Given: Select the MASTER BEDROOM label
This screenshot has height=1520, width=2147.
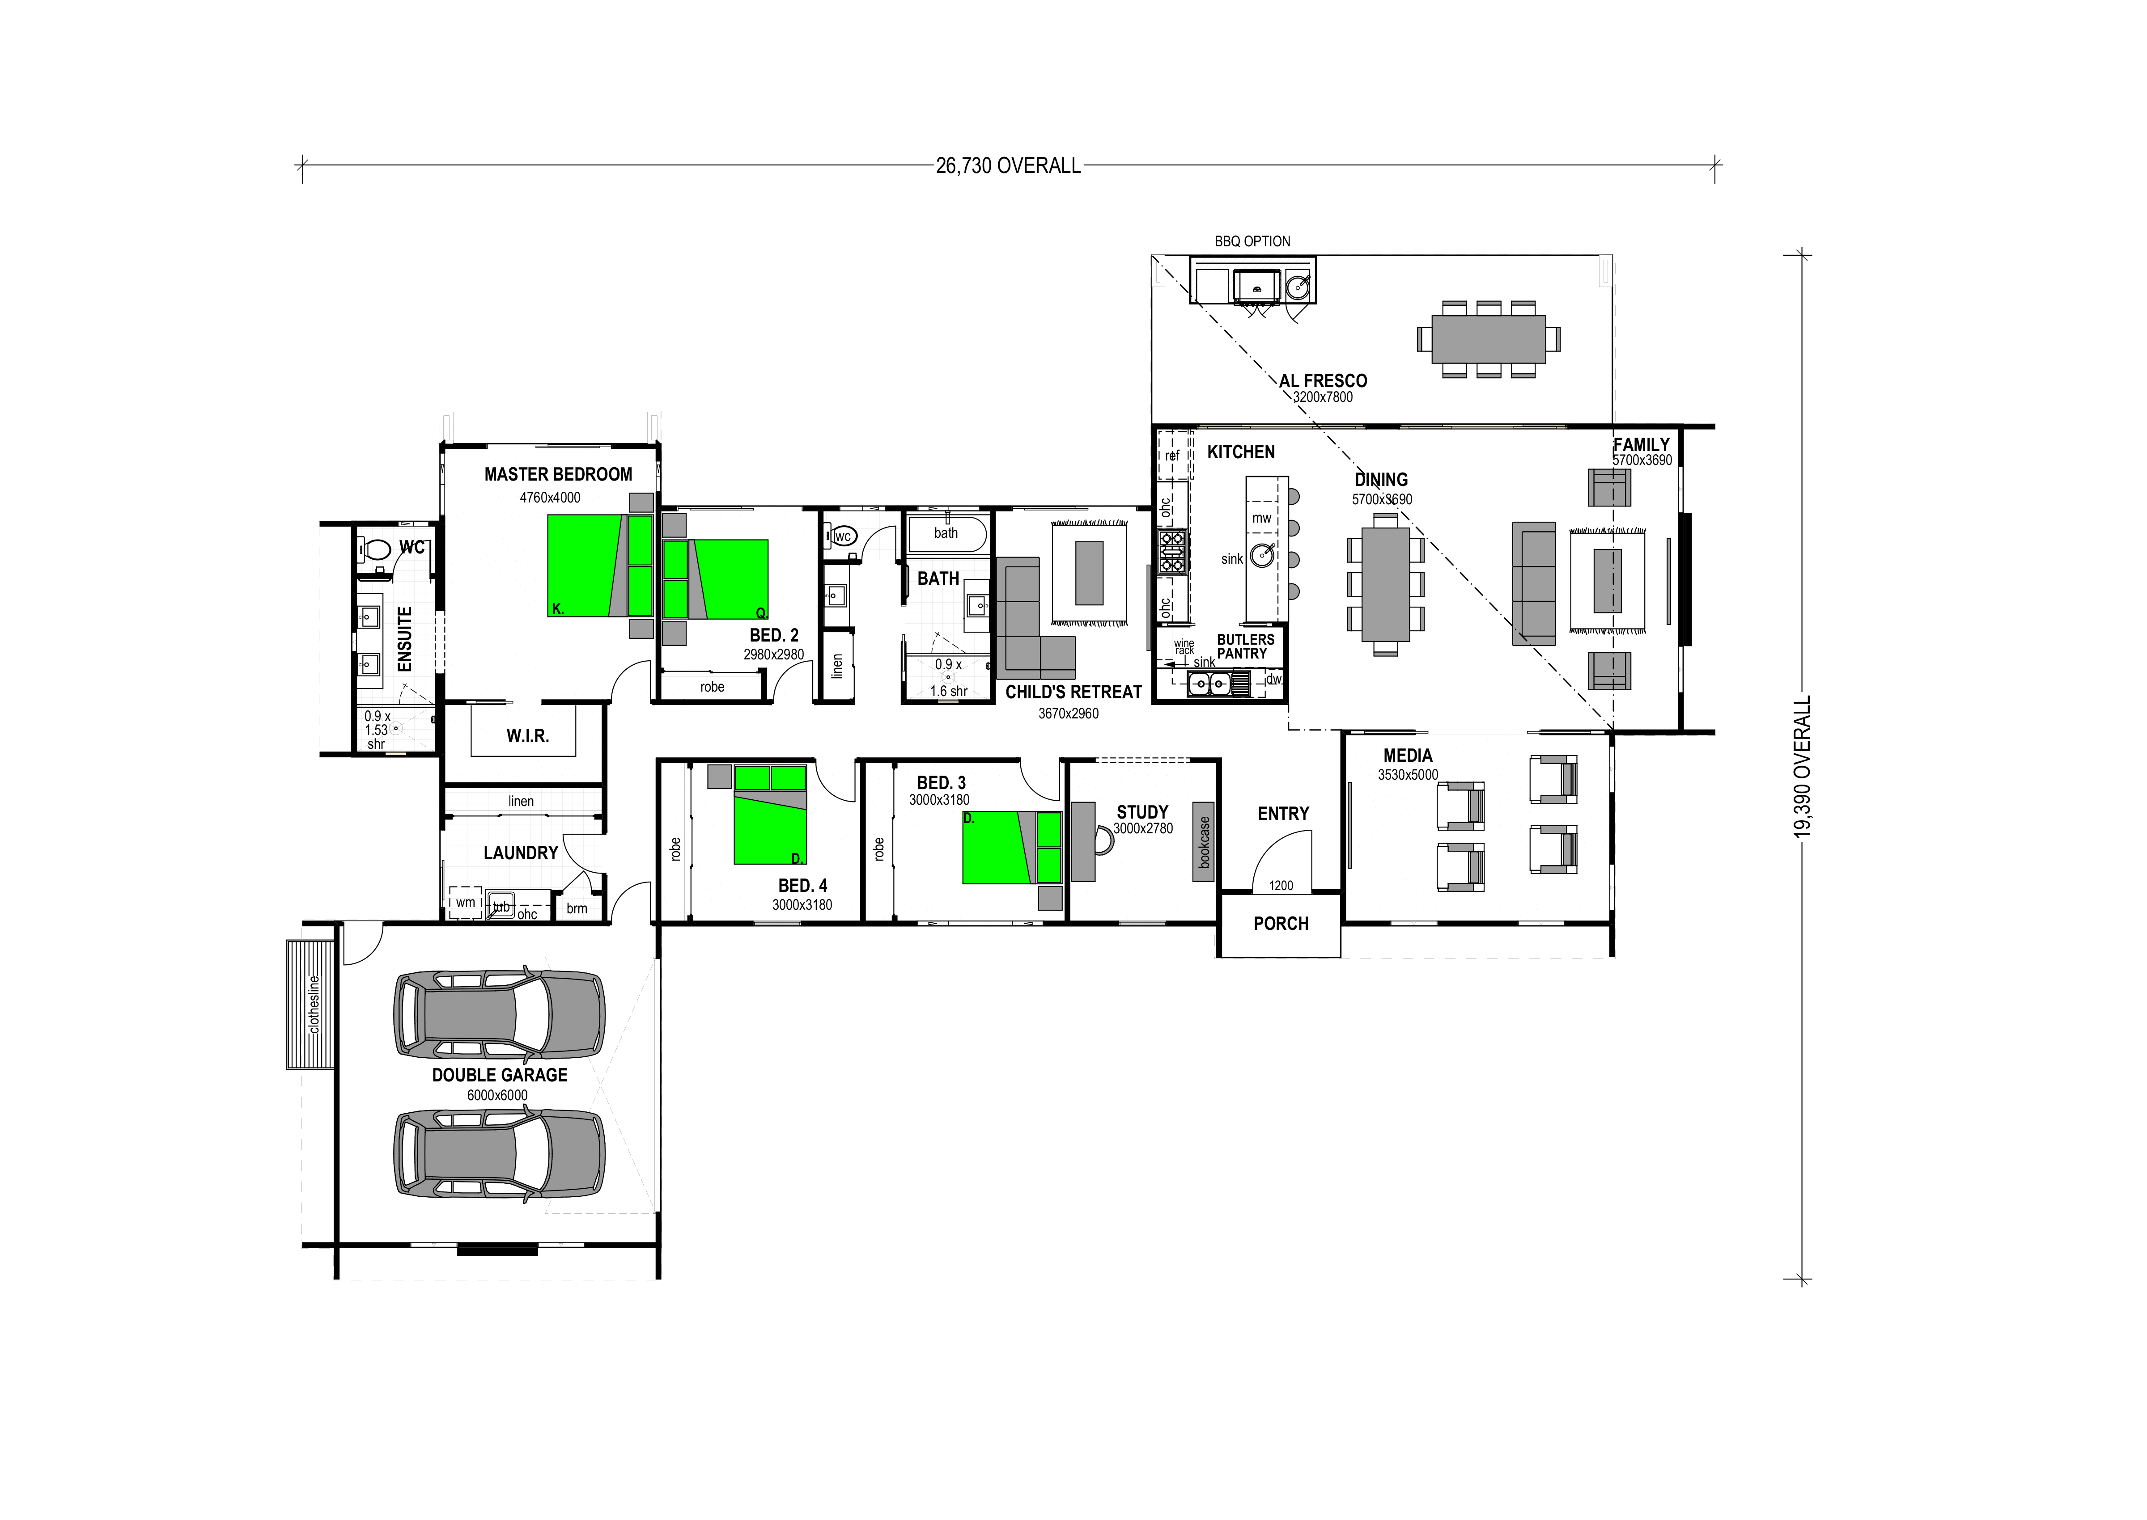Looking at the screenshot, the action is click(558, 474).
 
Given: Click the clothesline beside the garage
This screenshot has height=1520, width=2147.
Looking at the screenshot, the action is click(310, 1004).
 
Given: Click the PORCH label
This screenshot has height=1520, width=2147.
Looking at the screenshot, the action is click(1281, 924).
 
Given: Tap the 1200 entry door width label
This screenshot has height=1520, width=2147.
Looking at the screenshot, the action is click(1281, 886).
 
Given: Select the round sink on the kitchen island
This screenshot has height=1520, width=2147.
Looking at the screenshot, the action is click(1262, 555).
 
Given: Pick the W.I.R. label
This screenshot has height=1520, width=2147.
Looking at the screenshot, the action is click(528, 737).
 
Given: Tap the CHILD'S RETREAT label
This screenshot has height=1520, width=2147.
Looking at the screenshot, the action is click(1073, 692).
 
